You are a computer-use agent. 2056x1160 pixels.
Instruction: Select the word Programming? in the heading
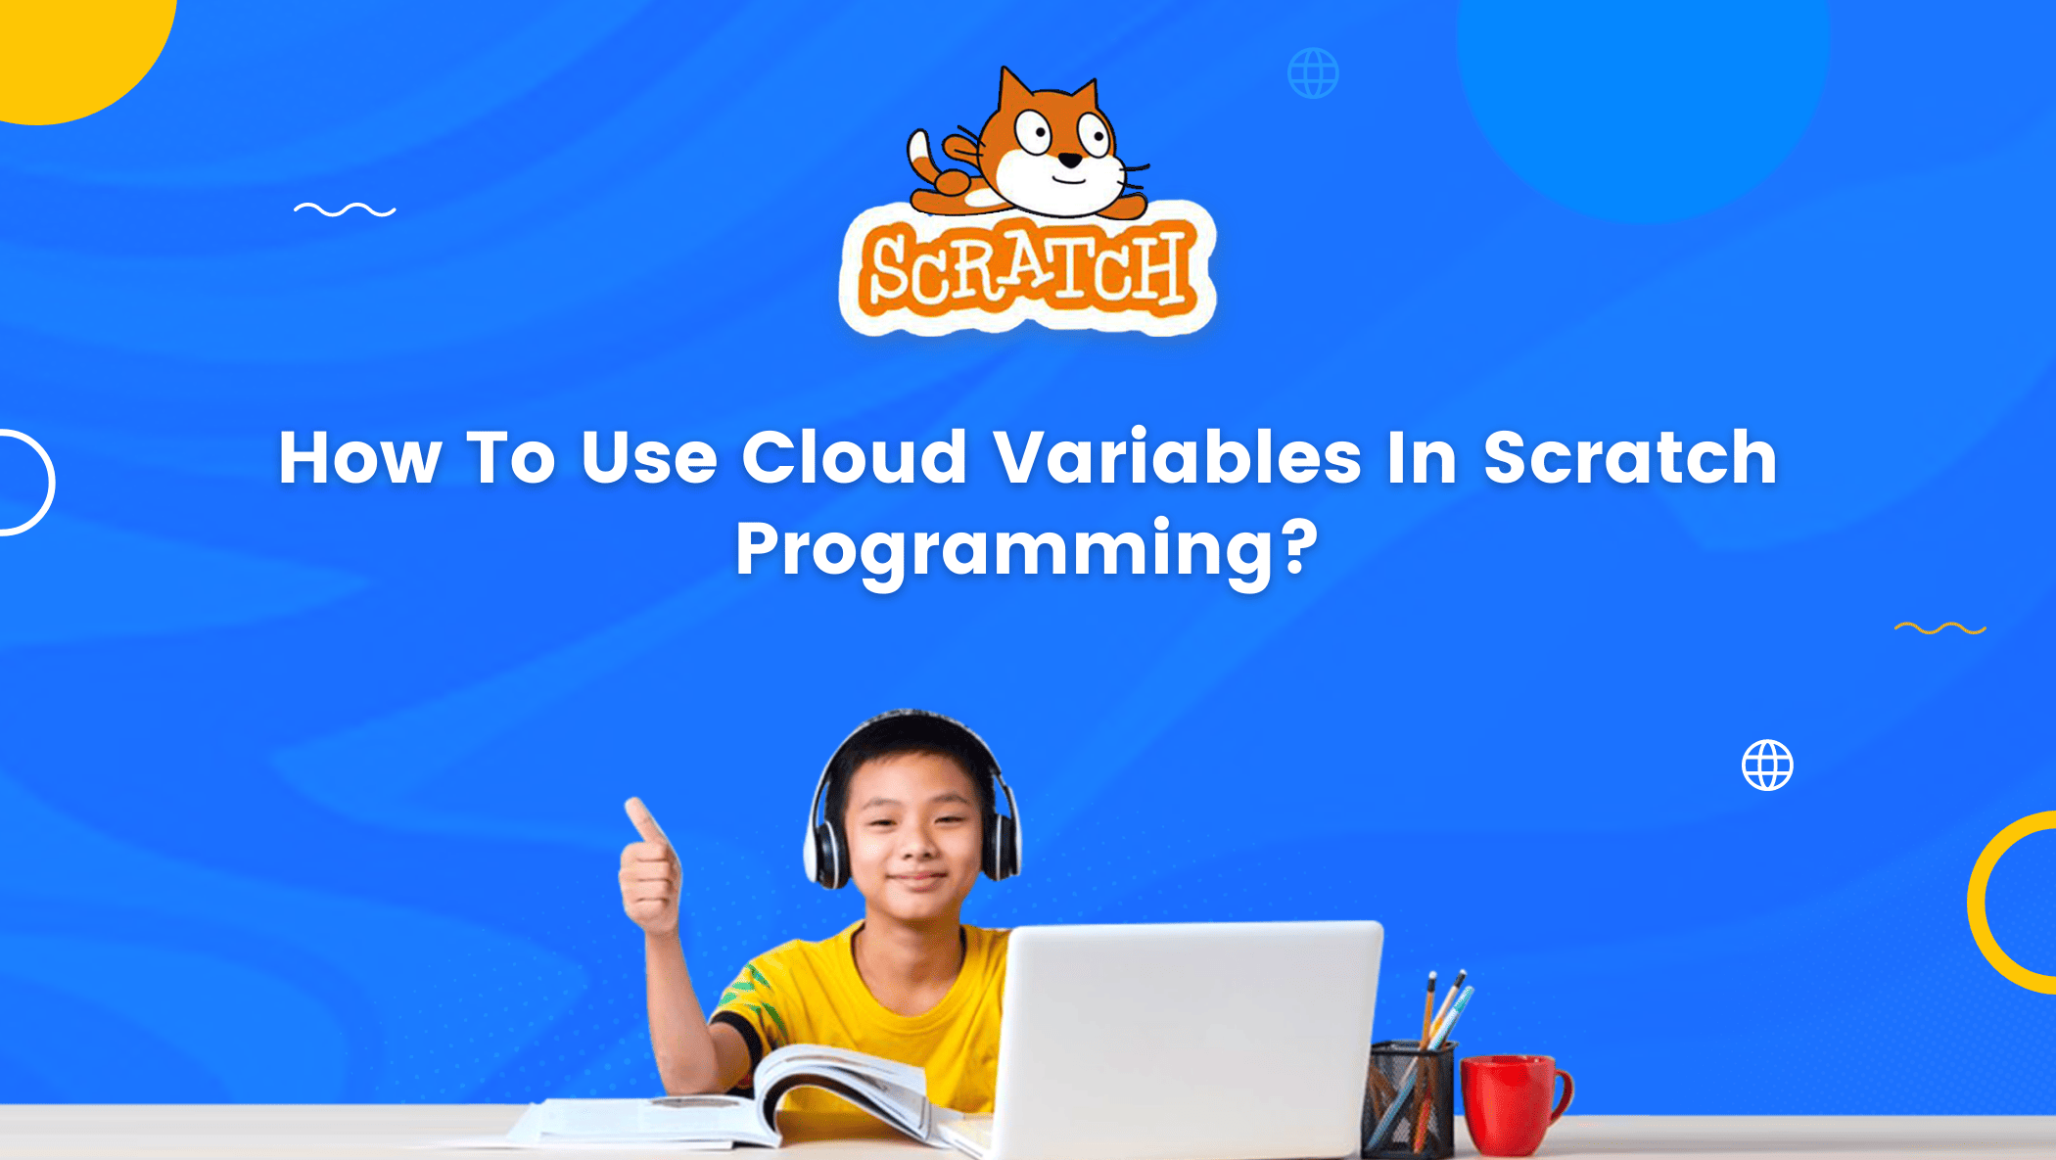(1027, 550)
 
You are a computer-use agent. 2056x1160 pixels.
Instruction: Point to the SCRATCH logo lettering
(1028, 269)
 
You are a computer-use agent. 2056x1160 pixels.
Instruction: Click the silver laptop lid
(1190, 1038)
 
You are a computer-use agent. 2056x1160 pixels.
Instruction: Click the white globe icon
(1767, 765)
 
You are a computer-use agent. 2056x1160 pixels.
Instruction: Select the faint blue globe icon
(1313, 73)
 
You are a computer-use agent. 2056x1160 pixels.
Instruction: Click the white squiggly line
(345, 209)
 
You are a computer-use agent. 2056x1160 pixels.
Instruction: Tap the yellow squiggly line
(1939, 628)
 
